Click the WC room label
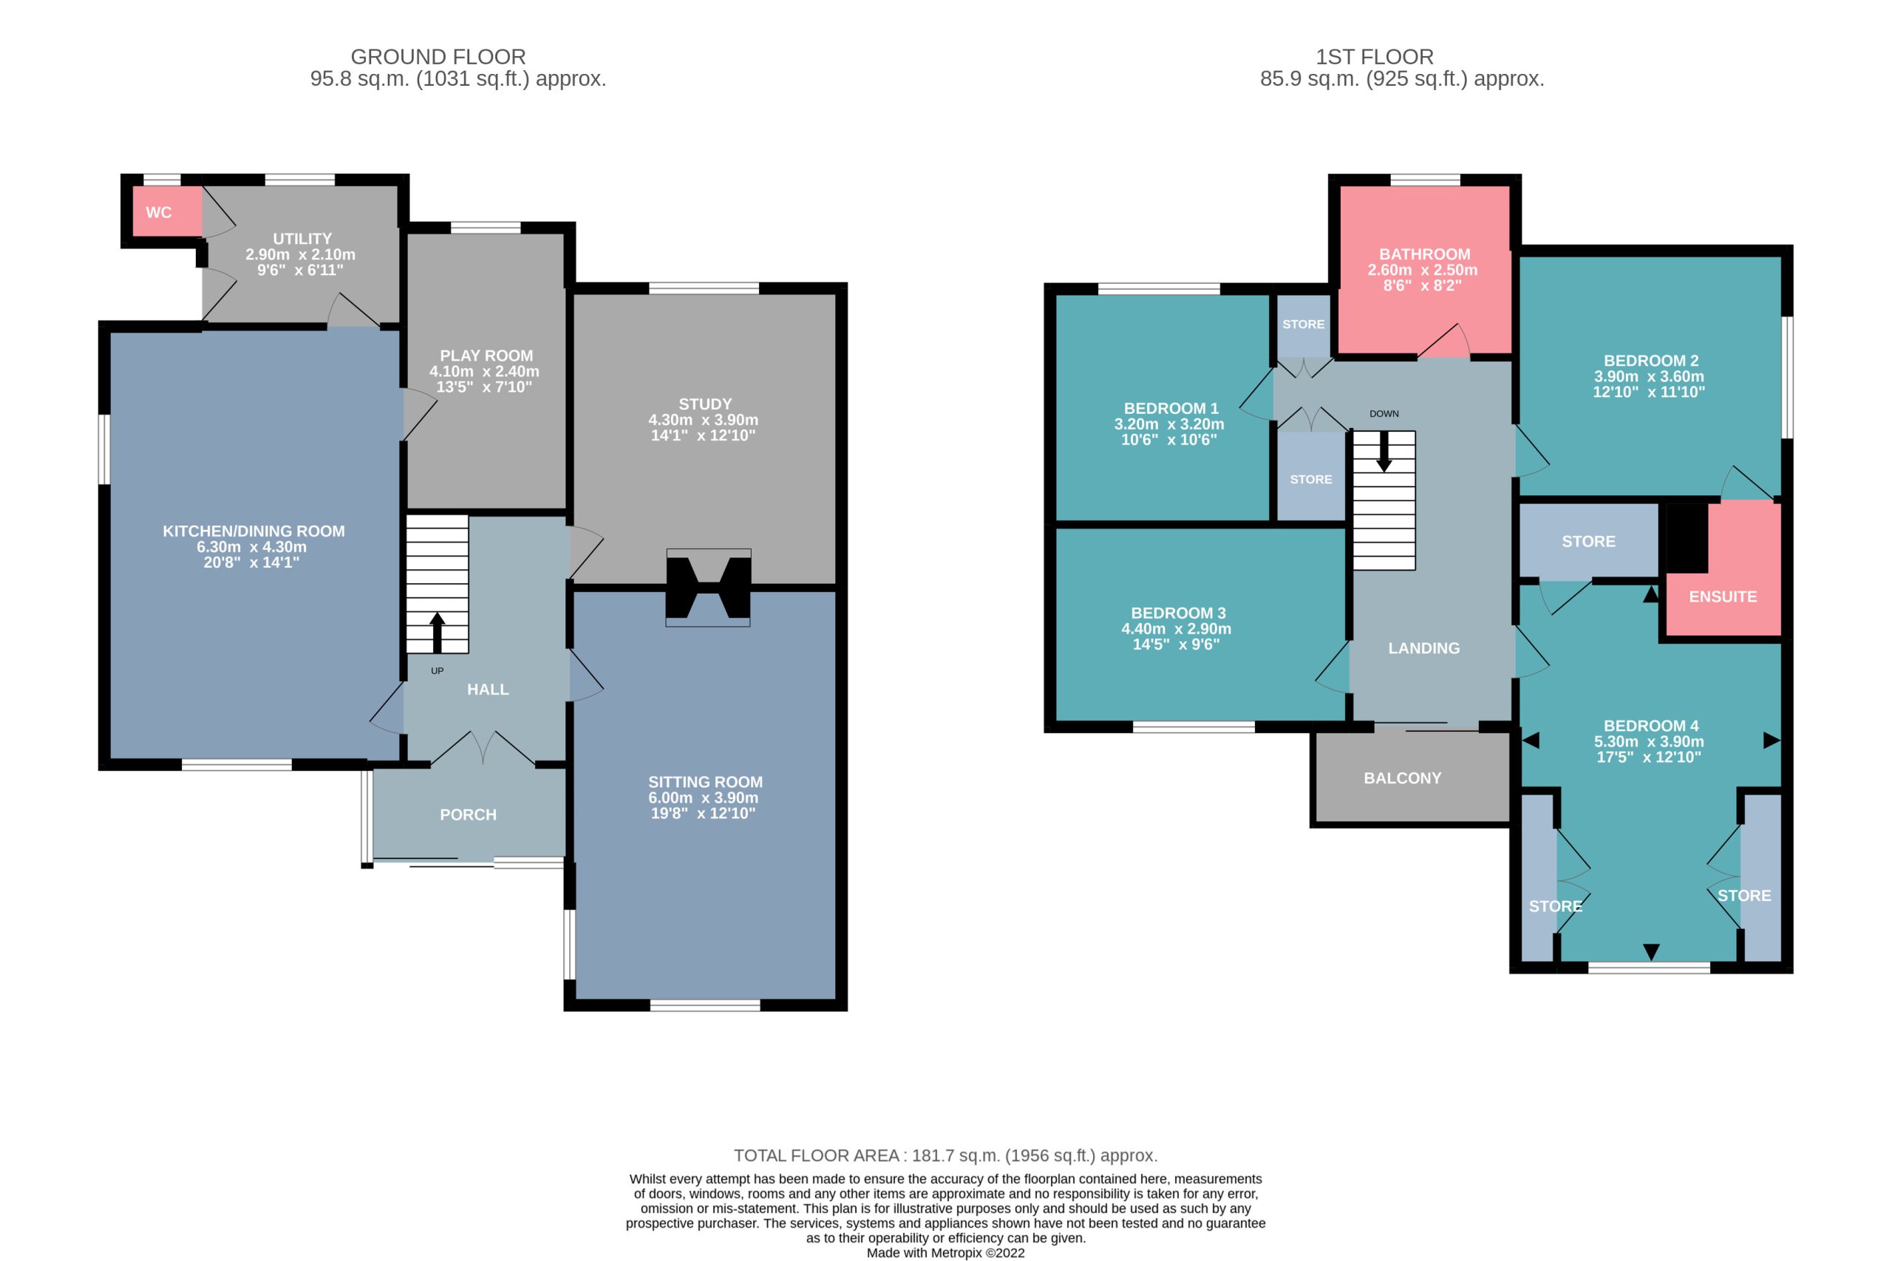tap(158, 212)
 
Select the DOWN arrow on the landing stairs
tap(1384, 452)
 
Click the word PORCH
tap(468, 815)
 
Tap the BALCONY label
tap(1402, 778)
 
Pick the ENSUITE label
tap(1722, 596)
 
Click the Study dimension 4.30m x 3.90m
tap(704, 420)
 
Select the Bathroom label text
tap(1425, 254)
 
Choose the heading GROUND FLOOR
tap(438, 57)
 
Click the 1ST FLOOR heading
tap(1374, 57)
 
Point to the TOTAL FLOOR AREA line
tap(945, 1155)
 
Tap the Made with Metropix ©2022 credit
tap(945, 1253)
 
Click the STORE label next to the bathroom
tap(1304, 324)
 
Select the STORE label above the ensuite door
tap(1588, 541)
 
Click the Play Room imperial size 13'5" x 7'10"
tap(484, 387)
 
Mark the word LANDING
tap(1424, 648)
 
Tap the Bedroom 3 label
tap(1178, 613)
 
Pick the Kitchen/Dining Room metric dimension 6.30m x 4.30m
tap(252, 547)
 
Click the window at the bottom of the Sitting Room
tap(705, 1005)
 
